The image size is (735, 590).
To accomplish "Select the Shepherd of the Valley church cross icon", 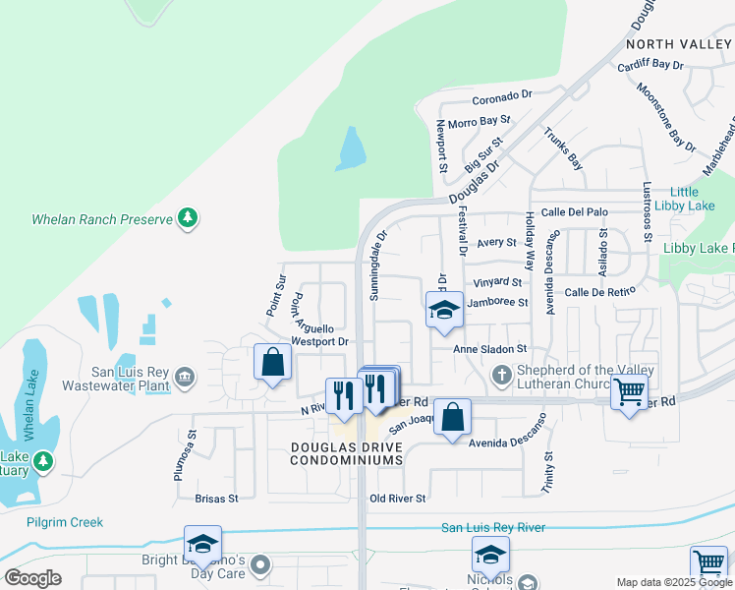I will (501, 375).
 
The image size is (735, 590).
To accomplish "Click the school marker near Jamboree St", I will (444, 311).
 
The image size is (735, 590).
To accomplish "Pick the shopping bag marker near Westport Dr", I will (272, 362).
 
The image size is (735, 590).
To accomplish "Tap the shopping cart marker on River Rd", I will (629, 393).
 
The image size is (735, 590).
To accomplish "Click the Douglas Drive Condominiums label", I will (347, 453).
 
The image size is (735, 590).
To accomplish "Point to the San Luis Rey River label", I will (492, 528).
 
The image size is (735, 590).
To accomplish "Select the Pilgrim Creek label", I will (65, 522).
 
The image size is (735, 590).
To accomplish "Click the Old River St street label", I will (398, 499).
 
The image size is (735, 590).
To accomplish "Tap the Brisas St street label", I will (216, 499).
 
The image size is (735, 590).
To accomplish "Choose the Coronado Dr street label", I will (501, 97).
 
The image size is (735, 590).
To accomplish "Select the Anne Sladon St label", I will (490, 348).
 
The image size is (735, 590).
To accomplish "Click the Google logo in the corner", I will (32, 578).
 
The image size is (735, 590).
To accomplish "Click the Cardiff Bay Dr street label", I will (650, 65).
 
